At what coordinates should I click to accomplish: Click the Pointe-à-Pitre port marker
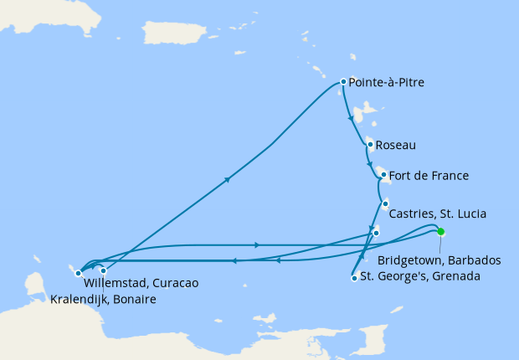click(x=343, y=82)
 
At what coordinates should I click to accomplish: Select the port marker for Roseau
click(x=369, y=144)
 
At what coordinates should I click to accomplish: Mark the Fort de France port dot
click(x=383, y=175)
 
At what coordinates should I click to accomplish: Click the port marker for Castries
click(x=385, y=203)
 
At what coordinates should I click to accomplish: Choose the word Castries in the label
click(x=411, y=214)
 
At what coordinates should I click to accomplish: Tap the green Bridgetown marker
click(x=440, y=232)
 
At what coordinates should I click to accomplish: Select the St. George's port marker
click(x=355, y=278)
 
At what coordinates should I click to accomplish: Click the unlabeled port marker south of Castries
click(x=376, y=233)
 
